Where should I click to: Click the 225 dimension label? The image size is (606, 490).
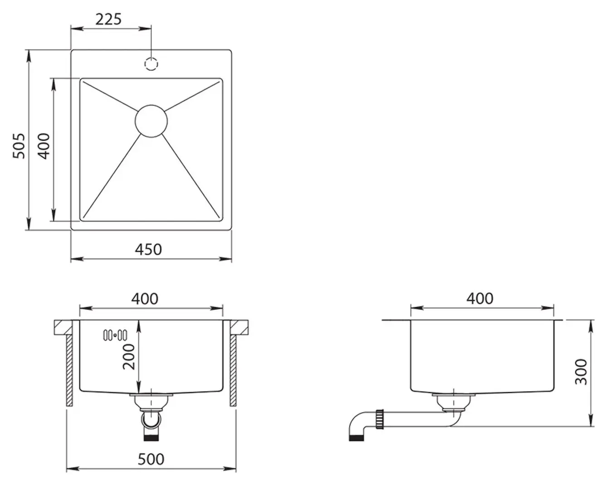tap(108, 20)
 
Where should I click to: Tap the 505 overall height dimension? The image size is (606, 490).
tap(19, 146)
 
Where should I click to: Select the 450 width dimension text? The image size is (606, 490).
tap(148, 250)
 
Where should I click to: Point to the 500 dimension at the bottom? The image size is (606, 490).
tap(151, 459)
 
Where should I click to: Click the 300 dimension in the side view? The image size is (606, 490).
tap(581, 372)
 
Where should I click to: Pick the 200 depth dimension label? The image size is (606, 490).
tap(129, 357)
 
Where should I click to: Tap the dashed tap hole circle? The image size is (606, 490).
tap(151, 64)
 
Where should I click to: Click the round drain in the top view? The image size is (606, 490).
tap(151, 121)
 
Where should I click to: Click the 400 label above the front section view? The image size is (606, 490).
tap(145, 299)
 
